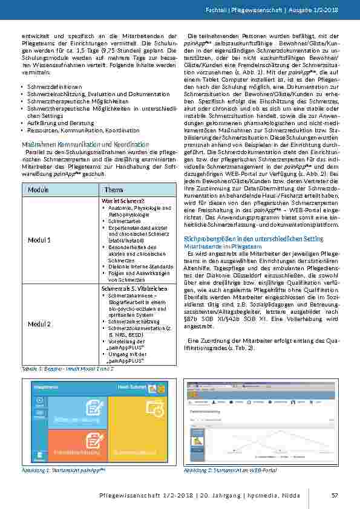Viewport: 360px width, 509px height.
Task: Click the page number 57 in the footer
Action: (x=334, y=496)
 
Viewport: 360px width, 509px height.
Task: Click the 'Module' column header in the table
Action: (x=38, y=190)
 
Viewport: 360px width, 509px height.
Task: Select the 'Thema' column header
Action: (x=115, y=190)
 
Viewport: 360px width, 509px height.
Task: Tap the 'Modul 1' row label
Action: (x=38, y=240)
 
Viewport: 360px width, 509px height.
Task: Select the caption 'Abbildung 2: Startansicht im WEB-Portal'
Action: (x=230, y=470)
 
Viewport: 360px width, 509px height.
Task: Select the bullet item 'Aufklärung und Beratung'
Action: (x=53, y=123)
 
